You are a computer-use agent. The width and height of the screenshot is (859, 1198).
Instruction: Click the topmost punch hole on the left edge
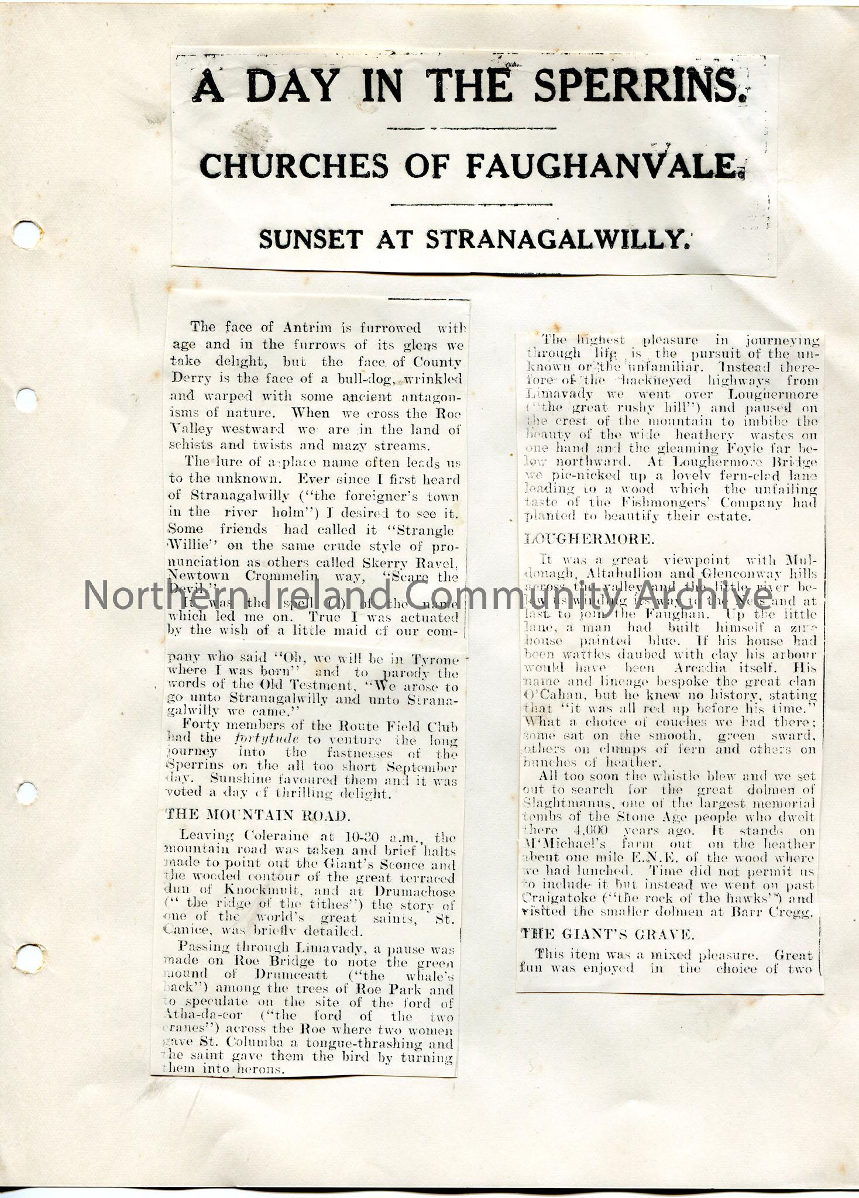(x=26, y=235)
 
